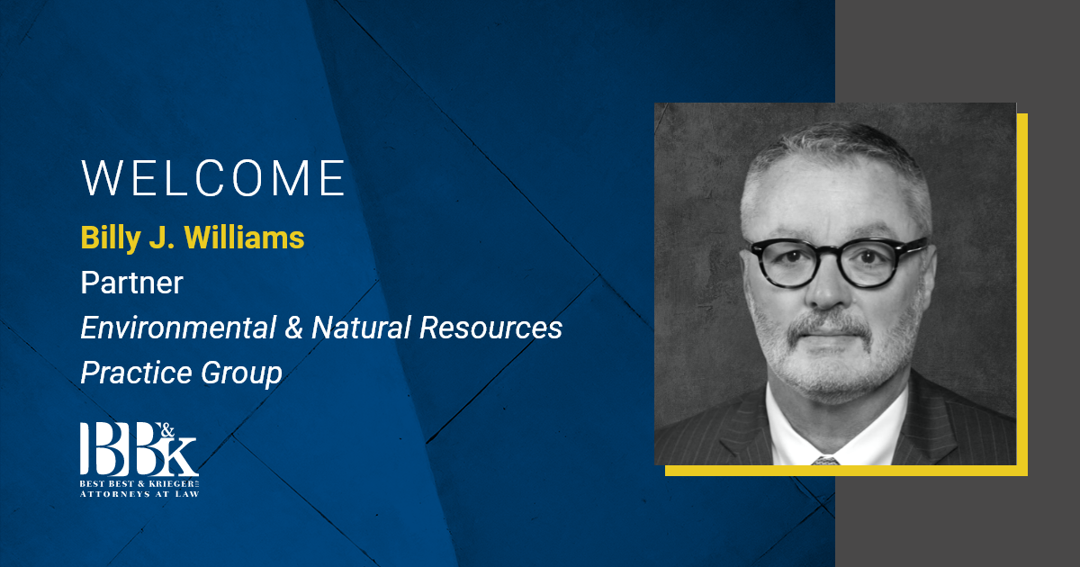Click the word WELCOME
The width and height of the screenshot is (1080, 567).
212,178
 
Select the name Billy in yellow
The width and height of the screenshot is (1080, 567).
111,238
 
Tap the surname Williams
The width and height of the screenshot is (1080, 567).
245,238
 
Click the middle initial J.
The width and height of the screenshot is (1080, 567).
161,238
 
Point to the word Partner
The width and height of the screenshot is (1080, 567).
131,283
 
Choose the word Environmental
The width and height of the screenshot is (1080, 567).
178,328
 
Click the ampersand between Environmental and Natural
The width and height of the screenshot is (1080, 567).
293,328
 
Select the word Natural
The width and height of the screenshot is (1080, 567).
361,328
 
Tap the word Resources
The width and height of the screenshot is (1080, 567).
490,328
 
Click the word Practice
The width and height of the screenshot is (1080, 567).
137,373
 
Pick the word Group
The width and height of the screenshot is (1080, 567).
241,373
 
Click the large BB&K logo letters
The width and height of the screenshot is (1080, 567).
139,449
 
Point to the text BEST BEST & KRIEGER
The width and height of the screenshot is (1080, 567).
139,483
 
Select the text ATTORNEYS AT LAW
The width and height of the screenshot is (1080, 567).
139,494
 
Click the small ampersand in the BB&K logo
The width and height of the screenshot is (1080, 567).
166,430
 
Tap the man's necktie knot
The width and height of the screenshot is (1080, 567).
825,461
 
